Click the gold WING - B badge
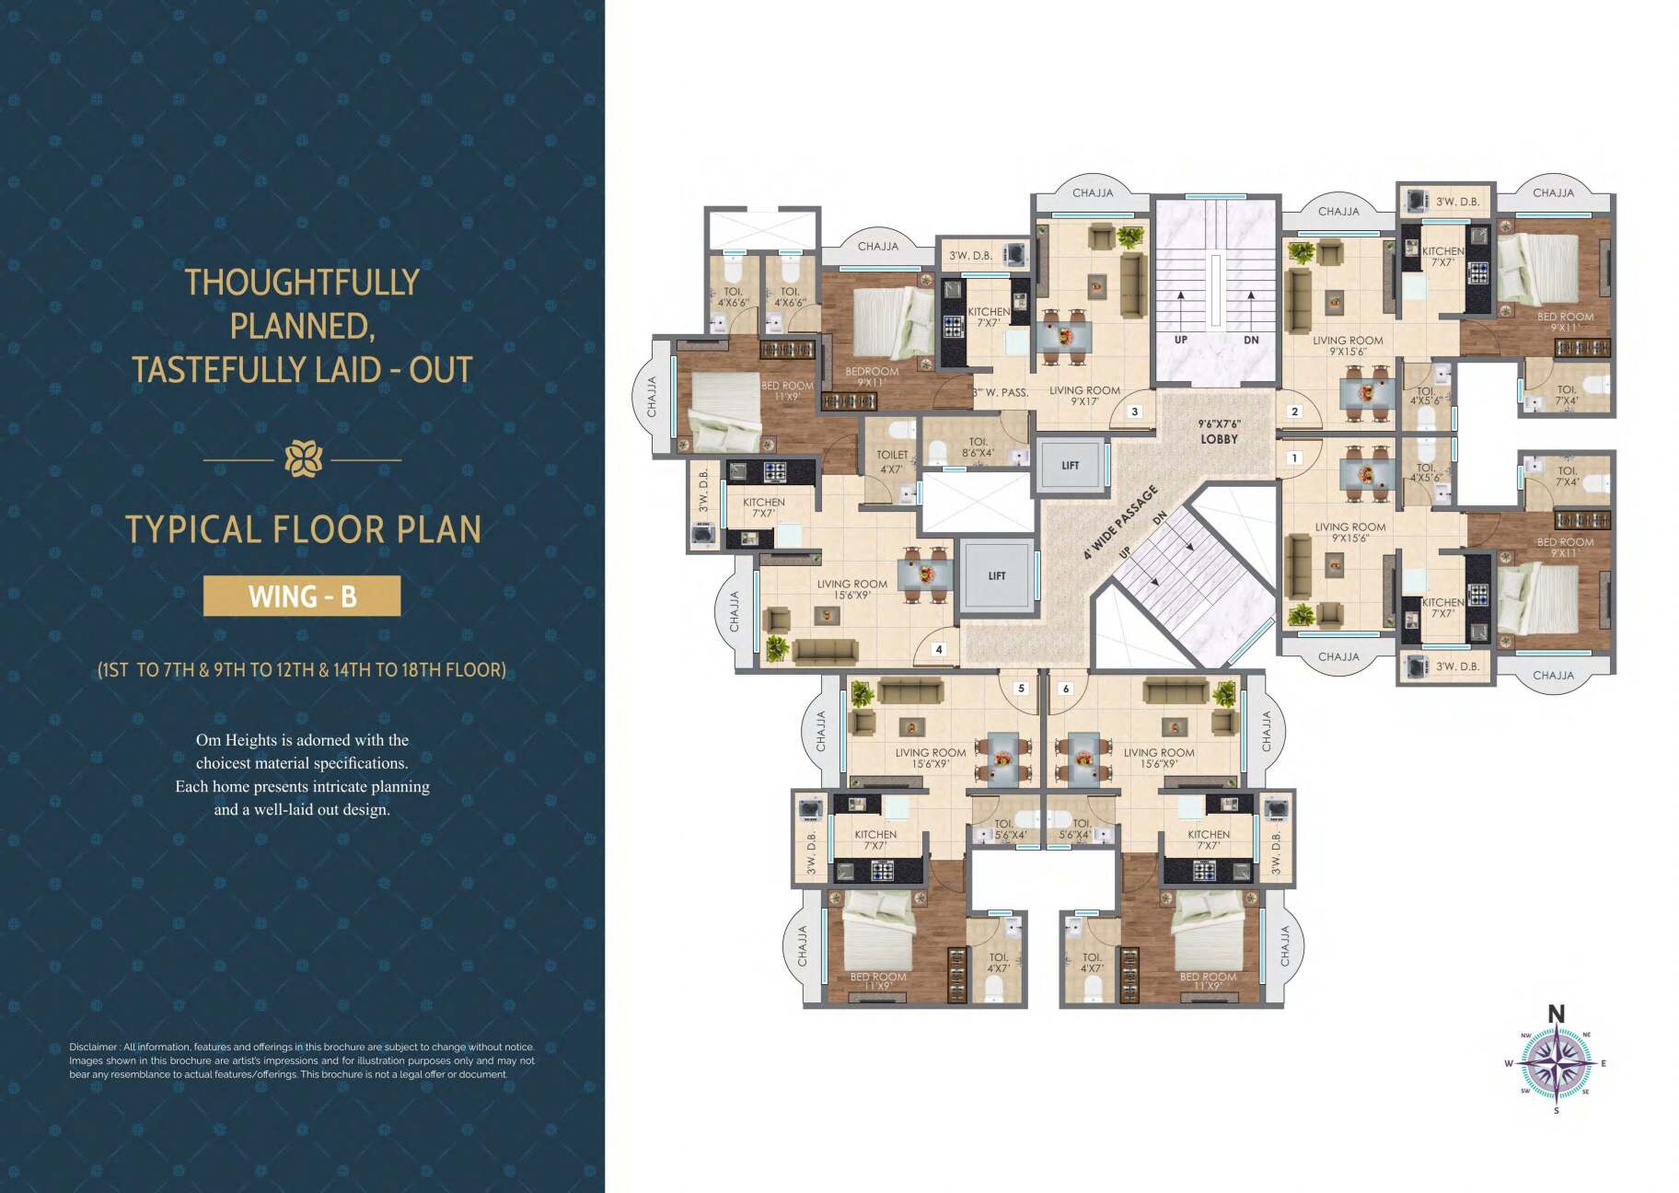(x=302, y=596)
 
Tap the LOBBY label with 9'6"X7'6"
(x=1219, y=433)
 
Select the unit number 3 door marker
(x=1135, y=411)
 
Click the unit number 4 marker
(x=939, y=649)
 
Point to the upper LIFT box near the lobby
(x=1070, y=466)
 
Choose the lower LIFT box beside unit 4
(x=997, y=576)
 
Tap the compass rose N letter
(x=1556, y=1014)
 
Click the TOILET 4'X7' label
(x=892, y=461)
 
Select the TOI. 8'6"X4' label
(x=978, y=447)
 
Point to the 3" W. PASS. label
(x=1001, y=392)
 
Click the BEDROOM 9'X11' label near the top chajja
(x=872, y=376)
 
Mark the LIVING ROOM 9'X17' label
(x=1084, y=396)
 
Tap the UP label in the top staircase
(x=1181, y=340)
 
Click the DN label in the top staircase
(x=1251, y=340)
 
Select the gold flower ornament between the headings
(x=303, y=458)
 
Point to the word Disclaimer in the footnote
(x=93, y=1047)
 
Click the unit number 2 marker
(x=1295, y=411)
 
